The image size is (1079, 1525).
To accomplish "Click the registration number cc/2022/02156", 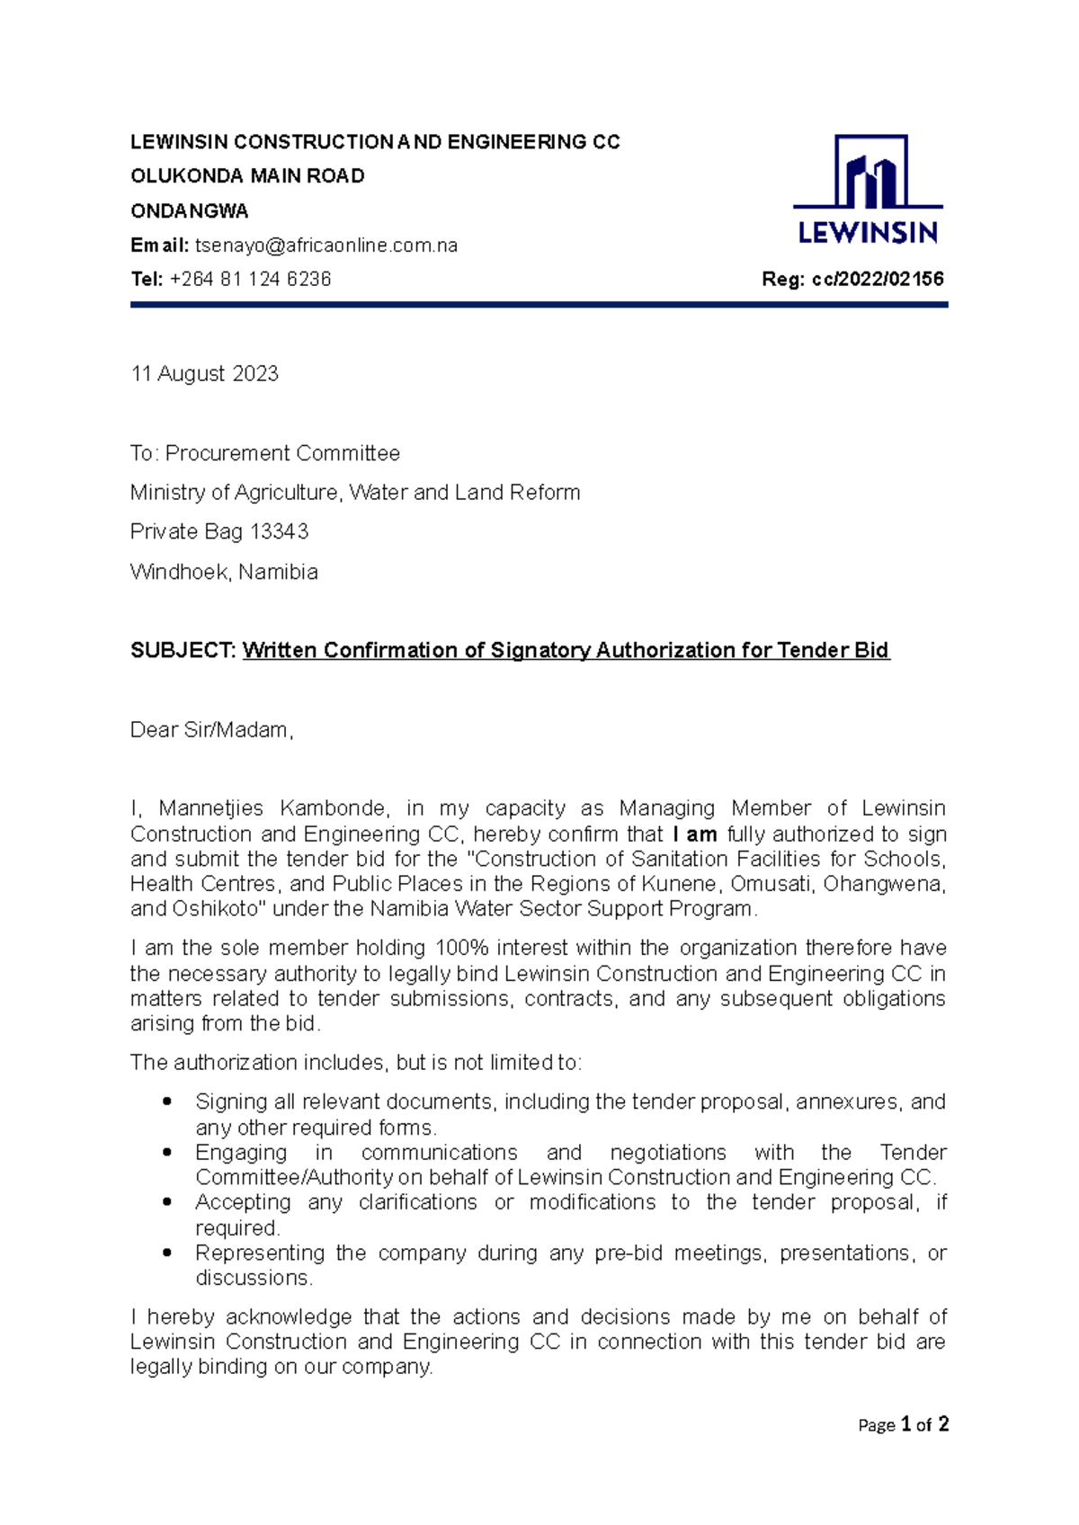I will (878, 280).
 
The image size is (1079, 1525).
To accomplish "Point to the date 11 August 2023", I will (205, 374).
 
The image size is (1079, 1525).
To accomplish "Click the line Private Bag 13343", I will (219, 531).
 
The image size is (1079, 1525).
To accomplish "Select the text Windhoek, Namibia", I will (224, 572).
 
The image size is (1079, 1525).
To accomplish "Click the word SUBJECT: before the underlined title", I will (183, 650).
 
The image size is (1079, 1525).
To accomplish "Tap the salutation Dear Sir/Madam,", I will (212, 729).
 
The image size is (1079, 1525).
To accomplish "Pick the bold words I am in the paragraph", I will (694, 834).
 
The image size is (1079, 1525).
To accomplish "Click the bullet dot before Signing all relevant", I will (166, 1101).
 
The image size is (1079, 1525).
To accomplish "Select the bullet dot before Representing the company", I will (166, 1253).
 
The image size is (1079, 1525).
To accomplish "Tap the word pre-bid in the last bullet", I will (629, 1253).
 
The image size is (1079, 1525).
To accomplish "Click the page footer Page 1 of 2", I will (903, 1424).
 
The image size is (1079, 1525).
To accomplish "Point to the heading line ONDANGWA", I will (189, 211).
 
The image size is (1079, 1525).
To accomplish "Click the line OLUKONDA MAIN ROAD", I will (247, 176).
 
